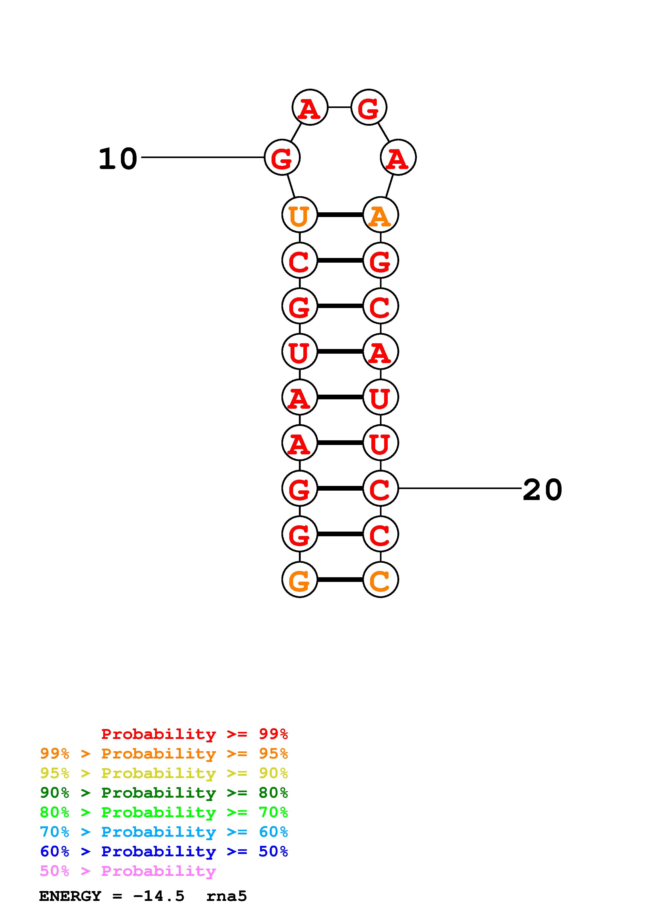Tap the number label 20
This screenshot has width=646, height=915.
[x=542, y=490]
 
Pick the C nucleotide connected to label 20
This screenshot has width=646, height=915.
[x=380, y=489]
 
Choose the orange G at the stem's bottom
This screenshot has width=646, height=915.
[x=299, y=580]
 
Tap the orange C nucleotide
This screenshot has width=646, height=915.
[x=380, y=580]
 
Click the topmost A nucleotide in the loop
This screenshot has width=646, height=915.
[x=310, y=108]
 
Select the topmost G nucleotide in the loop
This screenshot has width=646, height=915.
[x=368, y=108]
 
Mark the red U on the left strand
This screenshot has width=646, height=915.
[x=299, y=352]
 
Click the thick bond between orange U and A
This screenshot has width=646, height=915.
[x=340, y=215]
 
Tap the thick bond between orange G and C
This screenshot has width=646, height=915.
[x=340, y=580]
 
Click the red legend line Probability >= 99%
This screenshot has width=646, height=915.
[x=194, y=734]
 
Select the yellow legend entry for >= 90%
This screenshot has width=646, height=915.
[x=164, y=773]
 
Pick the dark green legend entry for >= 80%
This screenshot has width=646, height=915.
[x=164, y=793]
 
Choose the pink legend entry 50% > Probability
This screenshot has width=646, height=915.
[x=128, y=871]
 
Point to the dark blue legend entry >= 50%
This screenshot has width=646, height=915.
[x=164, y=851]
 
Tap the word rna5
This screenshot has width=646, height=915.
[x=226, y=896]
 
